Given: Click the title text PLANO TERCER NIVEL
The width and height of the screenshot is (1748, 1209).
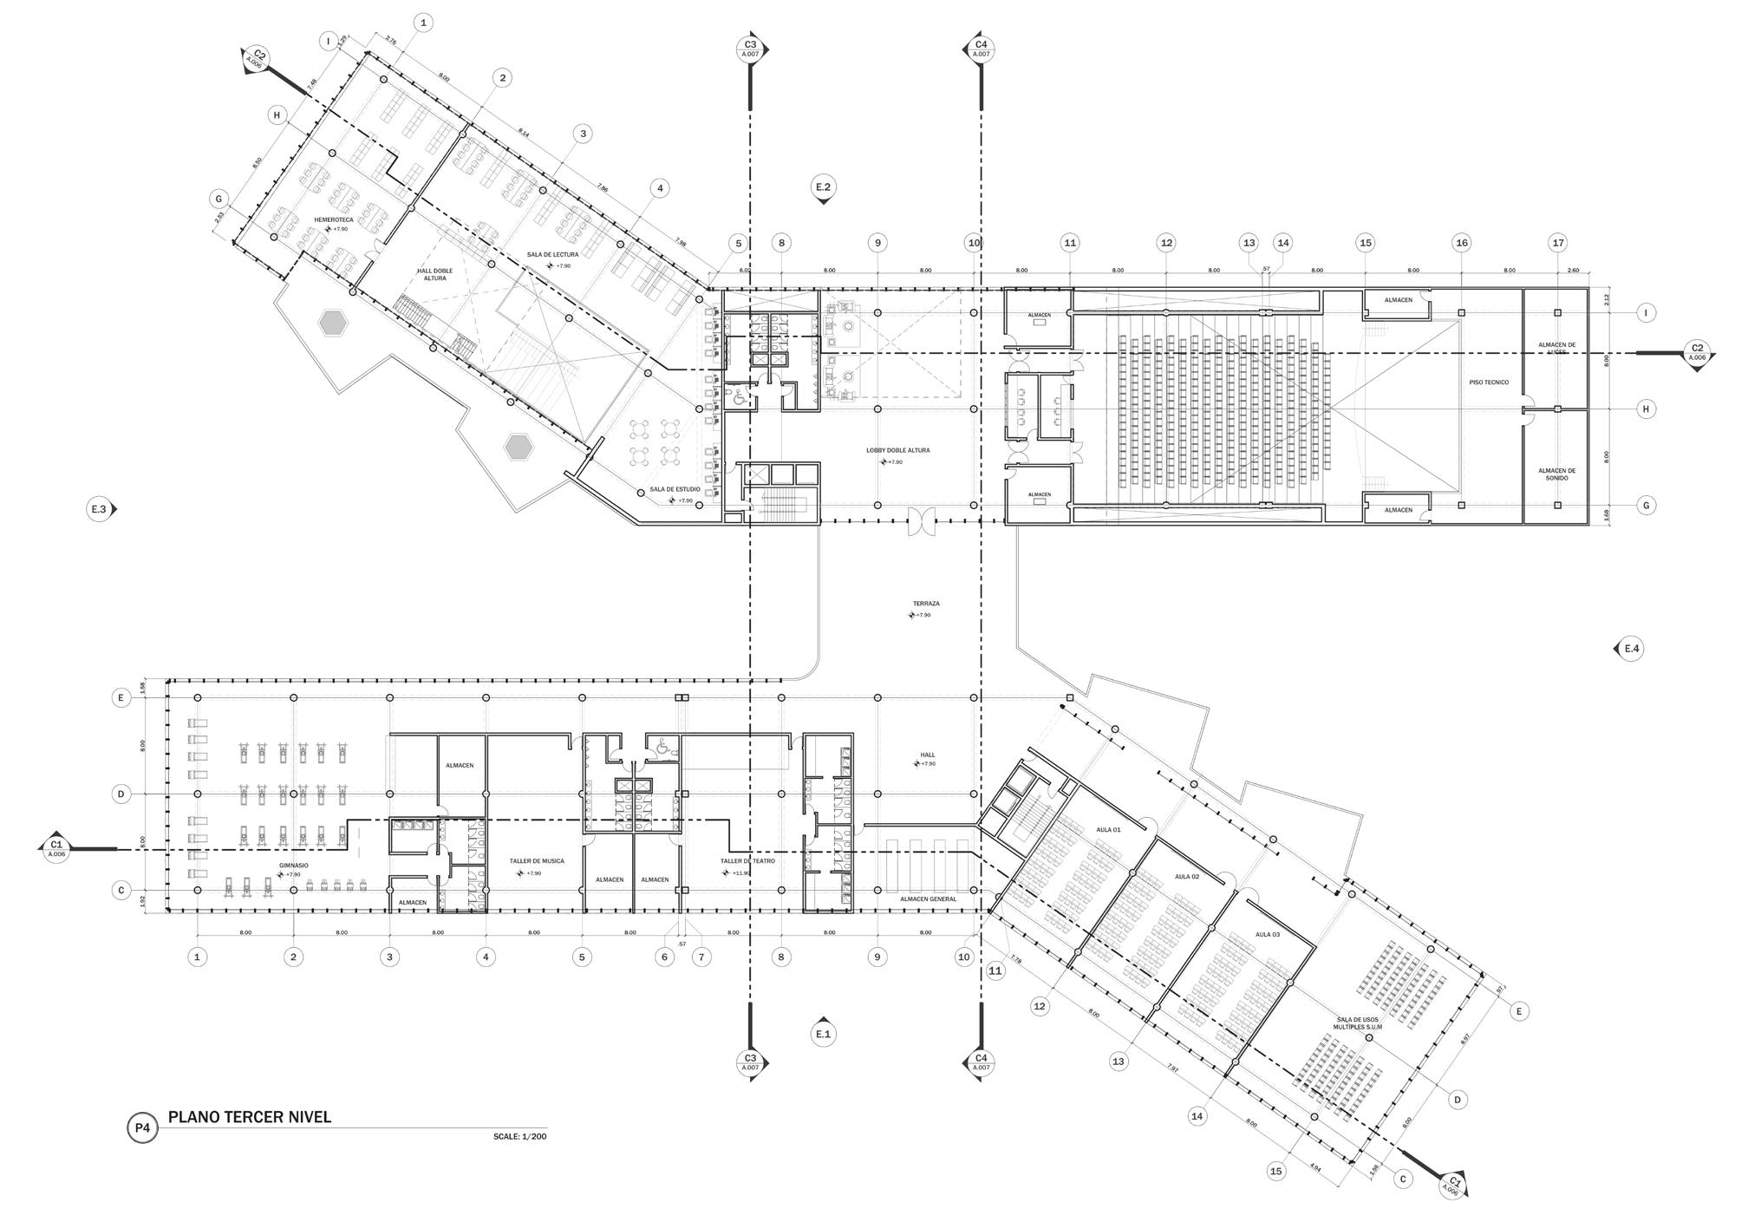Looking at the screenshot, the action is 250,1117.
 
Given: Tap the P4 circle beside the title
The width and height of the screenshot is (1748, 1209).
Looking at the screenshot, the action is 142,1128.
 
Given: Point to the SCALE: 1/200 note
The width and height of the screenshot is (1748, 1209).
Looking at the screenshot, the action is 519,1136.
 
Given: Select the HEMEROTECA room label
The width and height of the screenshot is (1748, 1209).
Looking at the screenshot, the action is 334,220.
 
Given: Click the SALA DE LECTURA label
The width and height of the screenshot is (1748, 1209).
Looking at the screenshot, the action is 552,255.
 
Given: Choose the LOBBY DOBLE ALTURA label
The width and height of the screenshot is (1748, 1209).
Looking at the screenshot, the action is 897,451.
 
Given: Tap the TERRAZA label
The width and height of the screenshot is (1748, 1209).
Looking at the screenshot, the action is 925,604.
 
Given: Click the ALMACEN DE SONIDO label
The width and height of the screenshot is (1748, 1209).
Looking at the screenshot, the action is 1556,474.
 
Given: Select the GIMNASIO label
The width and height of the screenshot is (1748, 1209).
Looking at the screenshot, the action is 293,866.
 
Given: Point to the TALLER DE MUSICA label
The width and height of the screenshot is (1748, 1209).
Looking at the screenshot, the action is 537,861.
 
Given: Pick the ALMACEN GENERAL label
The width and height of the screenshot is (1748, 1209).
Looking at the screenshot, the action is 928,899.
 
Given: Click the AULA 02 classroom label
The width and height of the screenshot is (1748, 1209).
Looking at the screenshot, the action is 1186,877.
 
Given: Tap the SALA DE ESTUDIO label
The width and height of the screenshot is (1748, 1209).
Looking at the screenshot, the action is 675,490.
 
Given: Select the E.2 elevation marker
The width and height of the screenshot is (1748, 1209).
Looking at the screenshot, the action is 824,186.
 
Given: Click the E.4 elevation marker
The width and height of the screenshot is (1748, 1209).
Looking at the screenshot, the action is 1631,649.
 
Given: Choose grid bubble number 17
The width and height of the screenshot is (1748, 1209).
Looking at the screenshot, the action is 1558,243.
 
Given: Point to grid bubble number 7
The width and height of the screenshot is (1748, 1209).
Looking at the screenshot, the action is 701,957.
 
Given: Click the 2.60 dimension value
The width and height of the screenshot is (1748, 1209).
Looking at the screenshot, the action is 1573,271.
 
